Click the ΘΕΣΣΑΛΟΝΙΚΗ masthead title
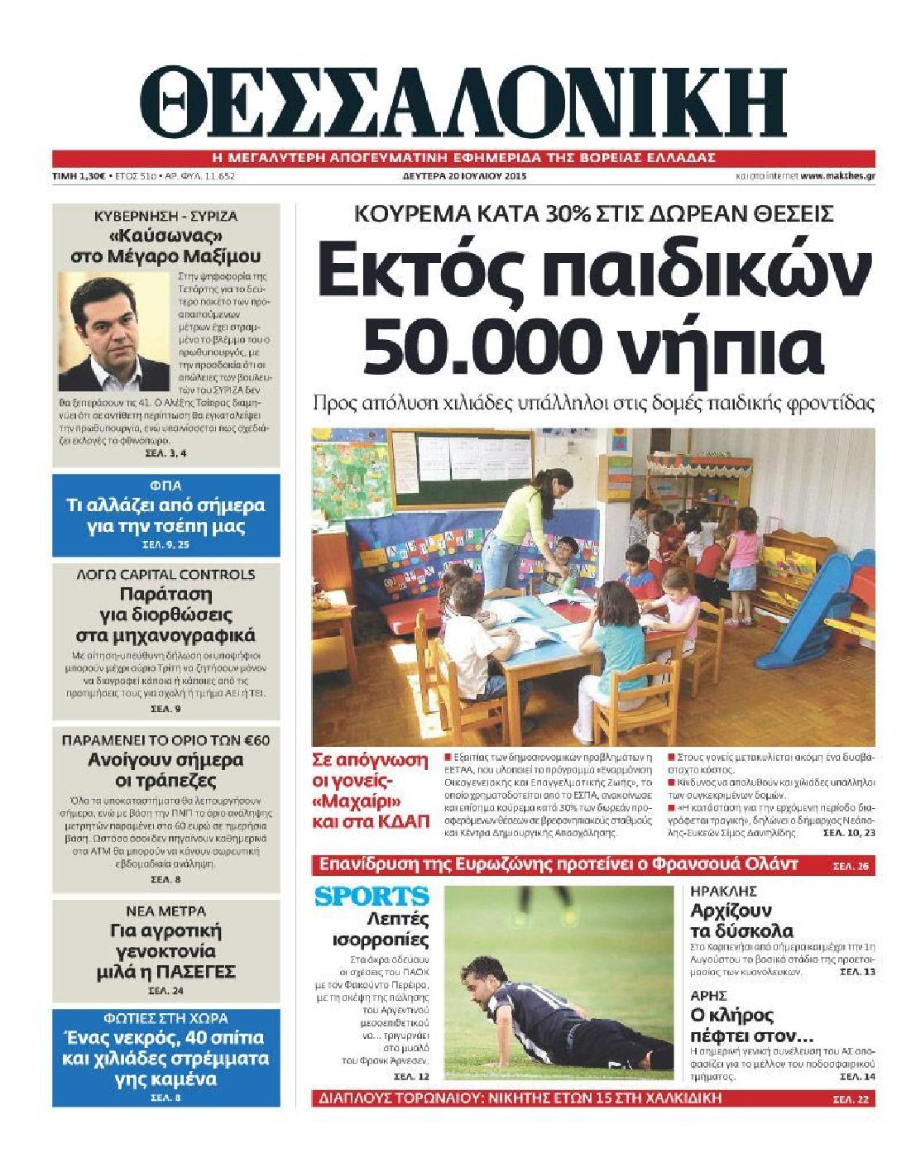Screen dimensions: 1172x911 (x=463, y=103)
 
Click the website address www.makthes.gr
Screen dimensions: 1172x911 (x=838, y=176)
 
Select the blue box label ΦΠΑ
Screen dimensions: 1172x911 (x=166, y=486)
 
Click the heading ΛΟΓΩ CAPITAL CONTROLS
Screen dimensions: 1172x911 (x=166, y=574)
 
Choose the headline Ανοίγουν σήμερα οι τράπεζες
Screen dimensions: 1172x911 (x=166, y=770)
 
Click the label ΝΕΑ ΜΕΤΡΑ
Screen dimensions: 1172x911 (x=166, y=911)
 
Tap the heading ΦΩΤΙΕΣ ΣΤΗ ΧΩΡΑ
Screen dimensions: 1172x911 (x=166, y=1018)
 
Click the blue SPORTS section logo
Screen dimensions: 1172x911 (x=372, y=896)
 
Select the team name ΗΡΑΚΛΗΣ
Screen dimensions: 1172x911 (x=712, y=892)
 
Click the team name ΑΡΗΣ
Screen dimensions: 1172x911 (x=708, y=995)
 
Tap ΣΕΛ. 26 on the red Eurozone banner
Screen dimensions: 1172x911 (x=851, y=866)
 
